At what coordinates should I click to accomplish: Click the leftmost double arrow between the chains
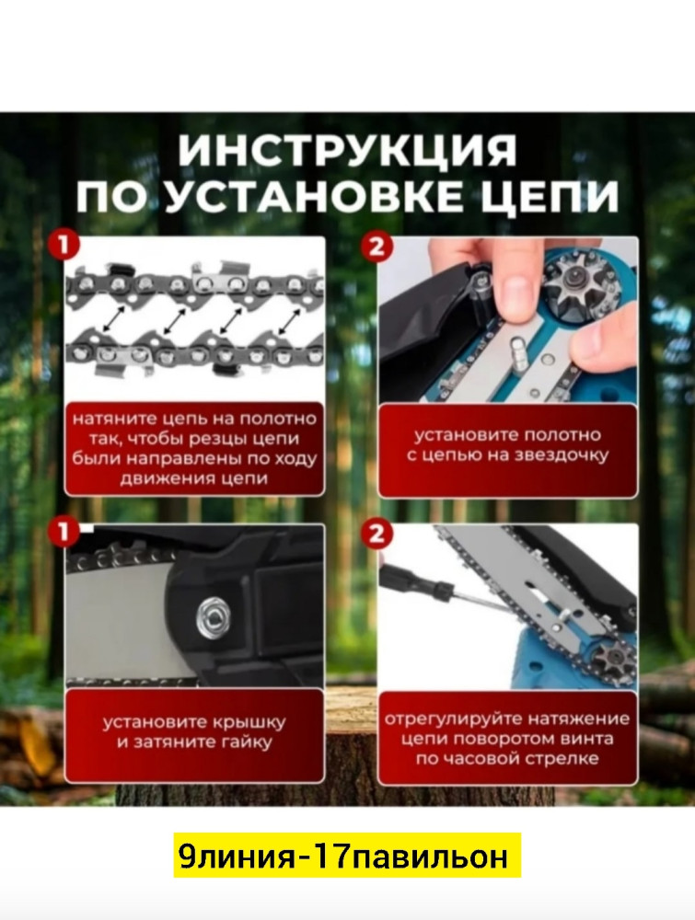pos(116,319)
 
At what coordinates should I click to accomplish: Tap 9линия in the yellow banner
pos(234,857)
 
